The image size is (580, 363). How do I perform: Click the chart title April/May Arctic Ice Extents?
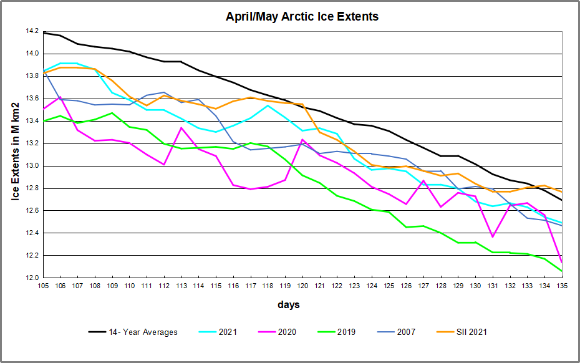tap(302, 16)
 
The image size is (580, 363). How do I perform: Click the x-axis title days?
tap(289, 304)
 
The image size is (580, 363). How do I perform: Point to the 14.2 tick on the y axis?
tap(31, 31)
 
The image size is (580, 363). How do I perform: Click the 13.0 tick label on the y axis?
tap(31, 166)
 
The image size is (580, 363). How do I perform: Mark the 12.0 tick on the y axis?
tap(31, 278)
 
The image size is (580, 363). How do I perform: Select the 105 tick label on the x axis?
tap(43, 286)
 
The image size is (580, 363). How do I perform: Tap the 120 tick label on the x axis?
tap(302, 286)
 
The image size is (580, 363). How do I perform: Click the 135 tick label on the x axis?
tap(561, 286)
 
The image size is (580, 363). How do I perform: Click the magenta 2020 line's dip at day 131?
tap(493, 236)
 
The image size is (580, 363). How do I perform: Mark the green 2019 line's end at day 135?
tap(561, 271)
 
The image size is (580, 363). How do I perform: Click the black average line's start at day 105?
tap(43, 33)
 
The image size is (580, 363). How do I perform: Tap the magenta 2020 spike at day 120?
tap(302, 140)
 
